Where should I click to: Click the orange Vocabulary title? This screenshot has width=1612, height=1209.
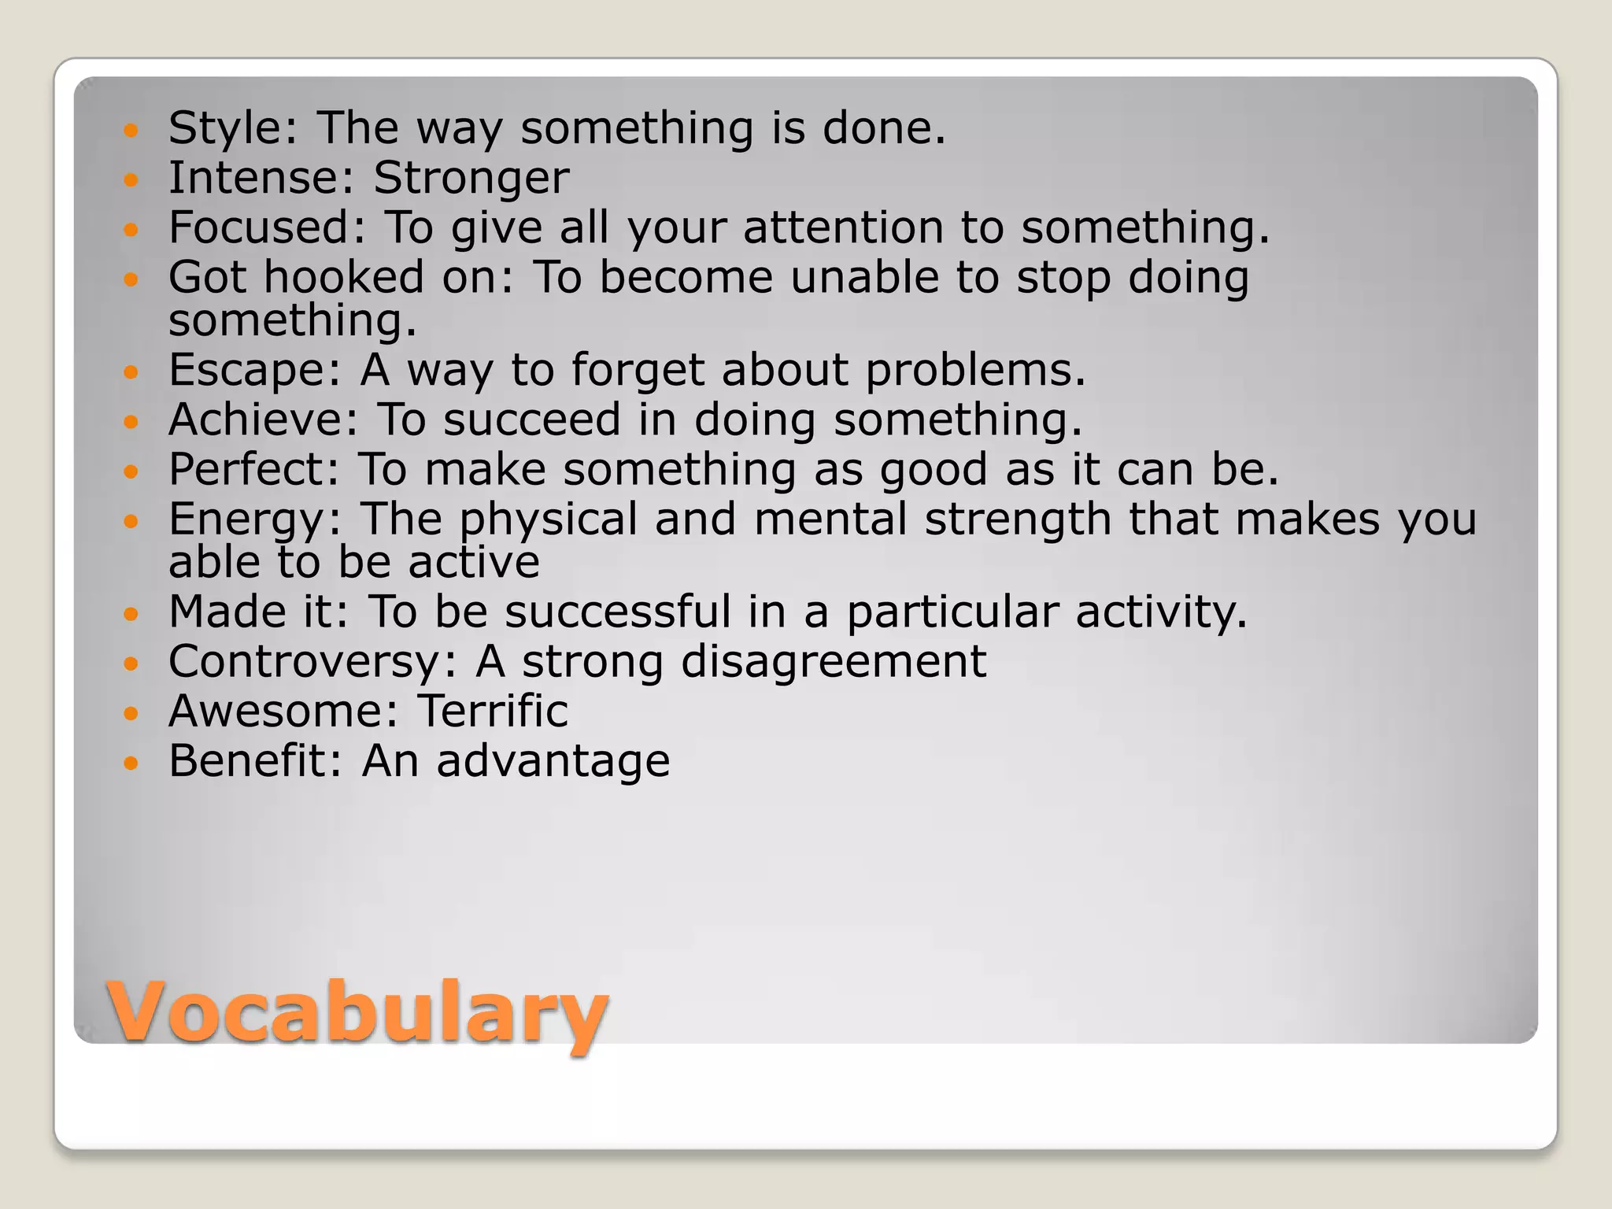pyautogui.click(x=358, y=1011)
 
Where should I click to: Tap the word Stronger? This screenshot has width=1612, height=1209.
pyautogui.click(x=471, y=178)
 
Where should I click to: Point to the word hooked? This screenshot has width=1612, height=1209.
pyautogui.click(x=344, y=277)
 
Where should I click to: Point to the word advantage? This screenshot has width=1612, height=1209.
pyautogui.click(x=553, y=763)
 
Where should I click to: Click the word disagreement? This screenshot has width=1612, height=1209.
pyautogui.click(x=833, y=661)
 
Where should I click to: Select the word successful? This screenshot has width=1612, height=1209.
pyautogui.click(x=618, y=612)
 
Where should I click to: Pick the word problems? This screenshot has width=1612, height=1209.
pyautogui.click(x=974, y=370)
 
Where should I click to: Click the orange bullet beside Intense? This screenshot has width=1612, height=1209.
pyautogui.click(x=131, y=180)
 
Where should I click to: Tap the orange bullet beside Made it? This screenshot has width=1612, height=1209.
pyautogui.click(x=131, y=613)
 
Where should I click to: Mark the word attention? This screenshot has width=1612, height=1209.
pyautogui.click(x=842, y=227)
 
